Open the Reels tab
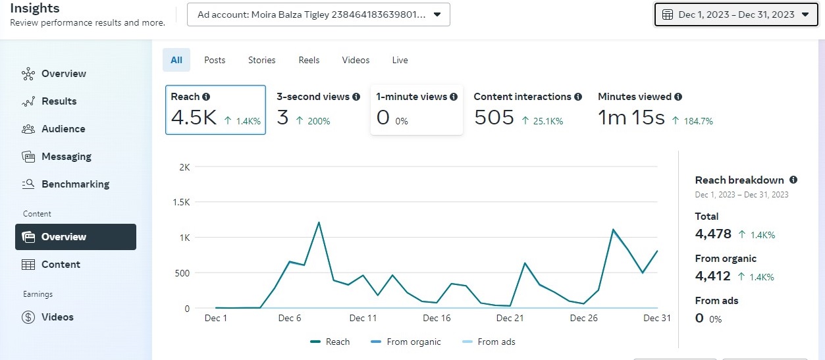(309, 60)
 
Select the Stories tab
(261, 60)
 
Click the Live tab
(400, 60)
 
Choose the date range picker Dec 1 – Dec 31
(735, 14)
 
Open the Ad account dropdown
(319, 14)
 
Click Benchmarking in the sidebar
(75, 184)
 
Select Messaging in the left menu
(66, 157)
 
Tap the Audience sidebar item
(63, 129)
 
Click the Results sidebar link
(59, 101)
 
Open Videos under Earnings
(57, 317)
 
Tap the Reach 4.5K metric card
(215, 110)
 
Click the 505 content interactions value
(494, 118)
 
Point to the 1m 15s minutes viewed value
(631, 118)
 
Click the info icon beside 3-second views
(356, 97)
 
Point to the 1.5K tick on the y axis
(180, 203)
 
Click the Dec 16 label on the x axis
(437, 319)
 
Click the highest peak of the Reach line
(319, 222)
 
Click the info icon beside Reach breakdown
(793, 180)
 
